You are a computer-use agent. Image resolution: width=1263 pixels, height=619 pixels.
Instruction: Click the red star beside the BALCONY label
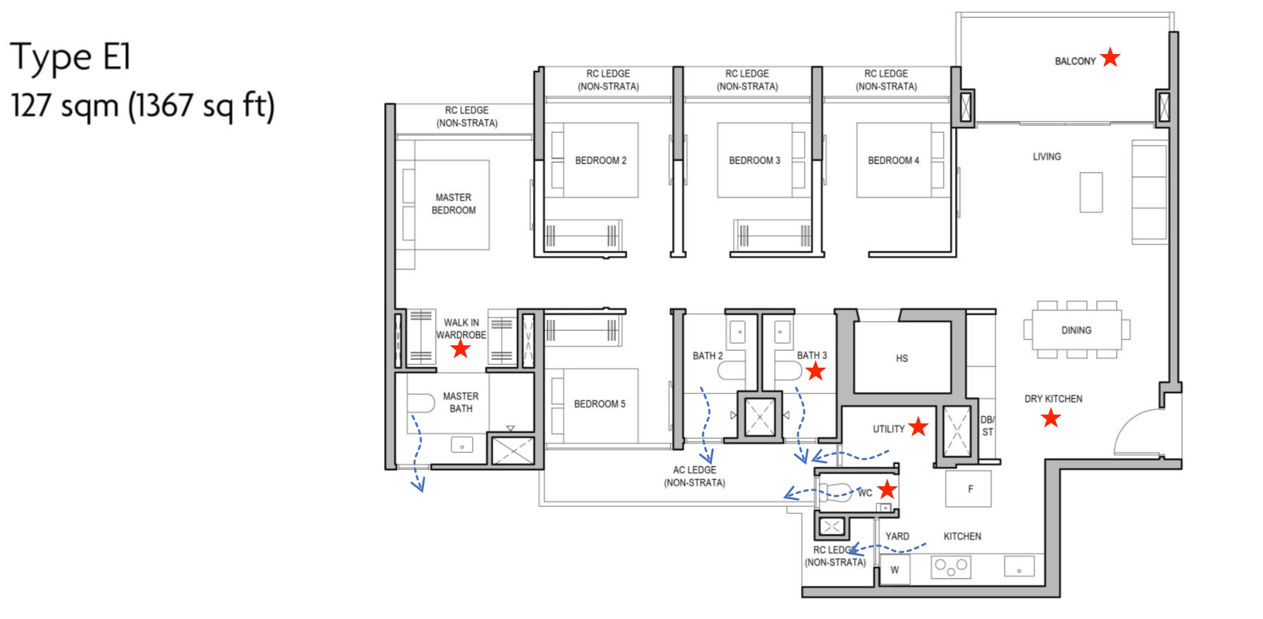tap(1110, 58)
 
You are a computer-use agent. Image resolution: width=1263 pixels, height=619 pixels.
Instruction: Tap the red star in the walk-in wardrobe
tap(461, 349)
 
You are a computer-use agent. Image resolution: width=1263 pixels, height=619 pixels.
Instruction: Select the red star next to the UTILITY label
tap(918, 427)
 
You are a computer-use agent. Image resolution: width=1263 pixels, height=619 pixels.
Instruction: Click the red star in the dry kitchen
tap(1051, 418)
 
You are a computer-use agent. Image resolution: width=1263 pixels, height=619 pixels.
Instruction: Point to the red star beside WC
tap(887, 489)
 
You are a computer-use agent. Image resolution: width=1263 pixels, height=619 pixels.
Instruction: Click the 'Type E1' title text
tap(70, 58)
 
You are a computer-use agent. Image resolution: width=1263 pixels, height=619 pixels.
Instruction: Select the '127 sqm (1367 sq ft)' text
tap(143, 106)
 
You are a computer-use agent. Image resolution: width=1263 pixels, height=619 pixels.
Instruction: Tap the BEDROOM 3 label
tap(754, 160)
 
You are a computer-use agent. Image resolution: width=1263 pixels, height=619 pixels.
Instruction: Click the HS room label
tap(901, 358)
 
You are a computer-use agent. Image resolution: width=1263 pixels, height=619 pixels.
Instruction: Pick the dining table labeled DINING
tap(1076, 330)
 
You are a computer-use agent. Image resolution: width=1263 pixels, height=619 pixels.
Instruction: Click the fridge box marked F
tap(968, 489)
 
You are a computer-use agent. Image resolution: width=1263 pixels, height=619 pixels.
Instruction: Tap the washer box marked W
tap(894, 569)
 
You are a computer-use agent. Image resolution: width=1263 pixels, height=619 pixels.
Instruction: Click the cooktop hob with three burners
tap(951, 567)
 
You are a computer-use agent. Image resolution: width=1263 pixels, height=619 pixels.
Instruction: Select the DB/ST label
tap(988, 426)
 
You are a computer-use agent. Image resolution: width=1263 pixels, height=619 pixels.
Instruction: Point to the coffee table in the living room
tap(1090, 192)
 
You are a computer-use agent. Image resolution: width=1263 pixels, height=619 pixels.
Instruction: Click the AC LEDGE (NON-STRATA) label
tap(694, 476)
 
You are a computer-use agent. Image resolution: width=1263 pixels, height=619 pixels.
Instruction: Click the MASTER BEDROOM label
tap(453, 204)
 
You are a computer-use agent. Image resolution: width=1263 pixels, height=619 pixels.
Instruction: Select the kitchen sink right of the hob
tap(1019, 567)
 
